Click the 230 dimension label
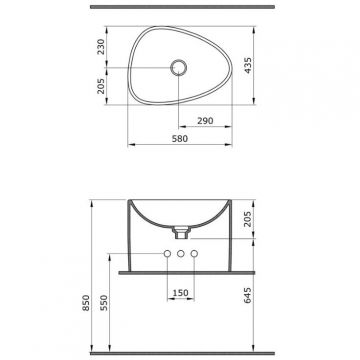[101, 47]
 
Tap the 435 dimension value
[248, 65]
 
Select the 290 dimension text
[205, 121]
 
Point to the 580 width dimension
[180, 138]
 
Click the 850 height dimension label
[86, 303]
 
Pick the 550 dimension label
[104, 303]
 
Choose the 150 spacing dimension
[180, 293]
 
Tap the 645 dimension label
[248, 295]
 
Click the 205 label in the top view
[101, 86]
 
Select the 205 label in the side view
[248, 219]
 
